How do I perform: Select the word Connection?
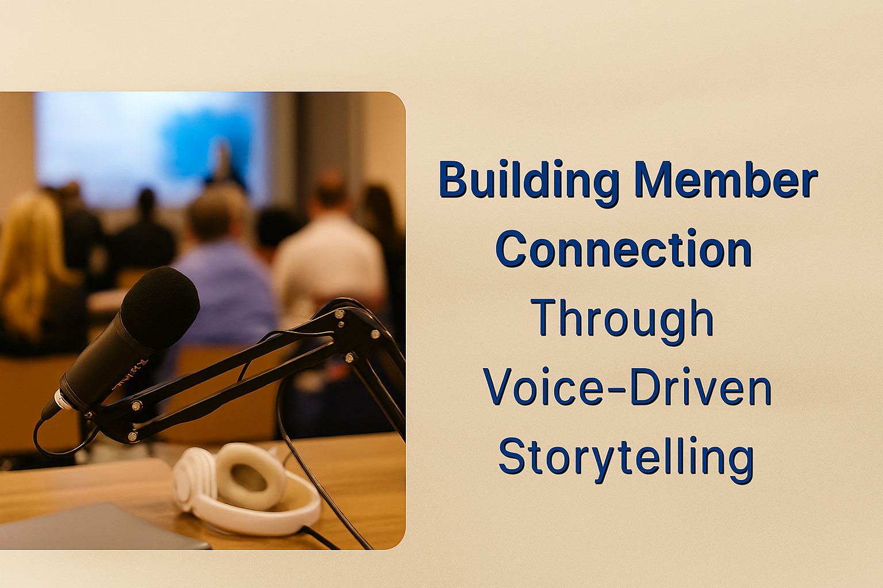624,249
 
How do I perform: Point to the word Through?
622,319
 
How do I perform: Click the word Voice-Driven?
627,388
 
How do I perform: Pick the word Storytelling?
625,457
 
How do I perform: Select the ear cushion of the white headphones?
251,476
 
